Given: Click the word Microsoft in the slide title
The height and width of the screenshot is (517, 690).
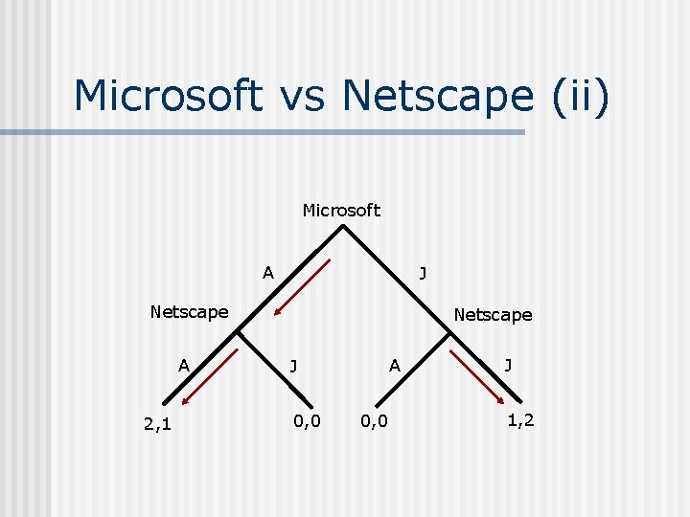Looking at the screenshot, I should click(x=167, y=96).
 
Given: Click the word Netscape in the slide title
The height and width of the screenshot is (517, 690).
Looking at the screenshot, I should click(x=436, y=96).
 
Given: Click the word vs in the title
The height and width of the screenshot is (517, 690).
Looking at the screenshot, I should click(x=300, y=96).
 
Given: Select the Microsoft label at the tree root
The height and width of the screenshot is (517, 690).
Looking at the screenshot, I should click(x=341, y=210).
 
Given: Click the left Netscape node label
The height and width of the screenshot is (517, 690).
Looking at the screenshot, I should click(x=189, y=311).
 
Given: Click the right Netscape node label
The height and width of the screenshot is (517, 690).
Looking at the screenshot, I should click(x=493, y=314).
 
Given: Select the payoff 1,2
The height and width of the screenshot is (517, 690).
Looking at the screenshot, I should click(x=521, y=420).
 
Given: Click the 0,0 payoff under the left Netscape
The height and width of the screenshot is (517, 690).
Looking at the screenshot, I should click(x=307, y=420).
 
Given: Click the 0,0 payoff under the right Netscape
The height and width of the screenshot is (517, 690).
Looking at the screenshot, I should click(x=375, y=420).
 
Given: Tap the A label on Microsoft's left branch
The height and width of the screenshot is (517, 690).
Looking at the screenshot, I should click(x=268, y=273).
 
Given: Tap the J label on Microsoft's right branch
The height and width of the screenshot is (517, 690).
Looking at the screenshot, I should click(x=423, y=274).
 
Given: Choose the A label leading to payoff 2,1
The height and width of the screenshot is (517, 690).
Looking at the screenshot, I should click(x=183, y=364).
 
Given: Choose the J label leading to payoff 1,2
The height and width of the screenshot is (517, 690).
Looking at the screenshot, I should click(x=508, y=364).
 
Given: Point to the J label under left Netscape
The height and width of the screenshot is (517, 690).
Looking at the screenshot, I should click(x=293, y=364).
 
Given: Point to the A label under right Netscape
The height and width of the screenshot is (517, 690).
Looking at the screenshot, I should click(x=394, y=364).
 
